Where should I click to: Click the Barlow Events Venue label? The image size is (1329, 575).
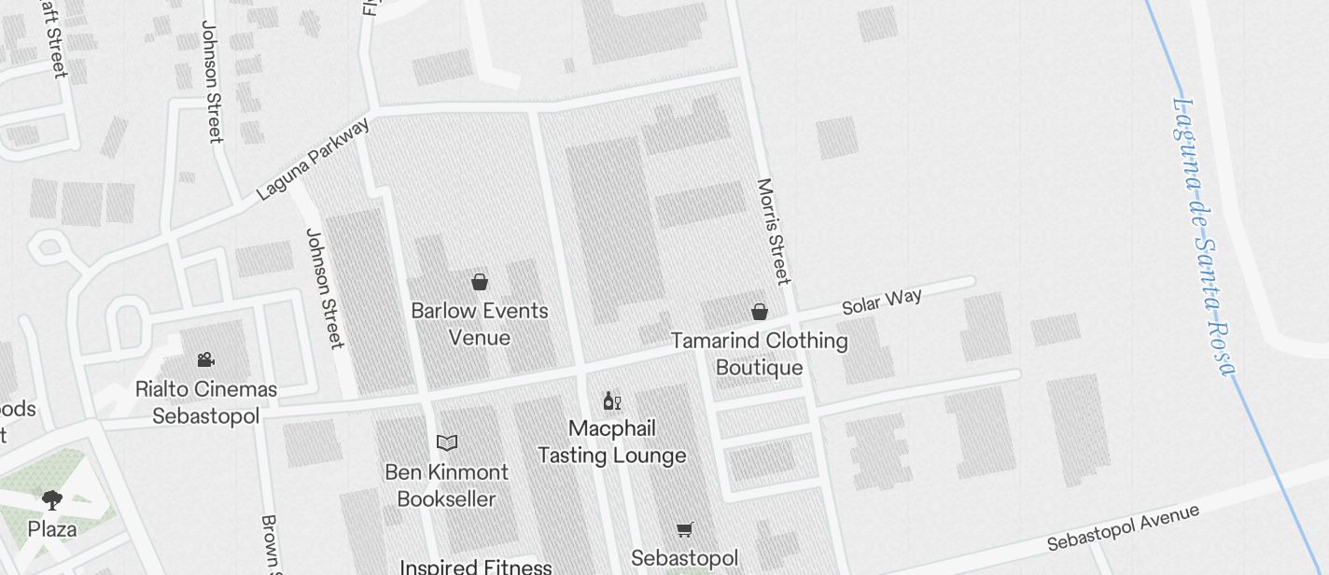(480, 324)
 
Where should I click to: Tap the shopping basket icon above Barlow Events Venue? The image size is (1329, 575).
(480, 282)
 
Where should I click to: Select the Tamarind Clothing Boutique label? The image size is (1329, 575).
(760, 354)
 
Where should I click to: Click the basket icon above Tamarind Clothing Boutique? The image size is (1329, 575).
(760, 312)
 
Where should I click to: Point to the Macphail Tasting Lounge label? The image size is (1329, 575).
(612, 442)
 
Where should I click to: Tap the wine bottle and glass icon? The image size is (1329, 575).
(612, 401)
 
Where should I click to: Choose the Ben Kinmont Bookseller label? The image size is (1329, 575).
(447, 485)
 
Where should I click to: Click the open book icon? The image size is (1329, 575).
(447, 442)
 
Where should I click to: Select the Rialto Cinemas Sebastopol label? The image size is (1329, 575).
(206, 402)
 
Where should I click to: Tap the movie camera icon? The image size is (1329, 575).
(205, 360)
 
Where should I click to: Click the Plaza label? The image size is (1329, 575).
(52, 529)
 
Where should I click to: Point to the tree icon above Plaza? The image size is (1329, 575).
(52, 500)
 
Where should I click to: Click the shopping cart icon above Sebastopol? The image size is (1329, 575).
(685, 530)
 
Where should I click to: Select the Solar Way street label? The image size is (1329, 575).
(882, 302)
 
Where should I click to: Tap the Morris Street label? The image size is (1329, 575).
(773, 231)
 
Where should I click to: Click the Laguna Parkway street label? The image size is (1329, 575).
(313, 159)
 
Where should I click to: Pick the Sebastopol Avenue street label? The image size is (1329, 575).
(1123, 528)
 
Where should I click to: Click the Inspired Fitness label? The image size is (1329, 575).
(476, 567)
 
